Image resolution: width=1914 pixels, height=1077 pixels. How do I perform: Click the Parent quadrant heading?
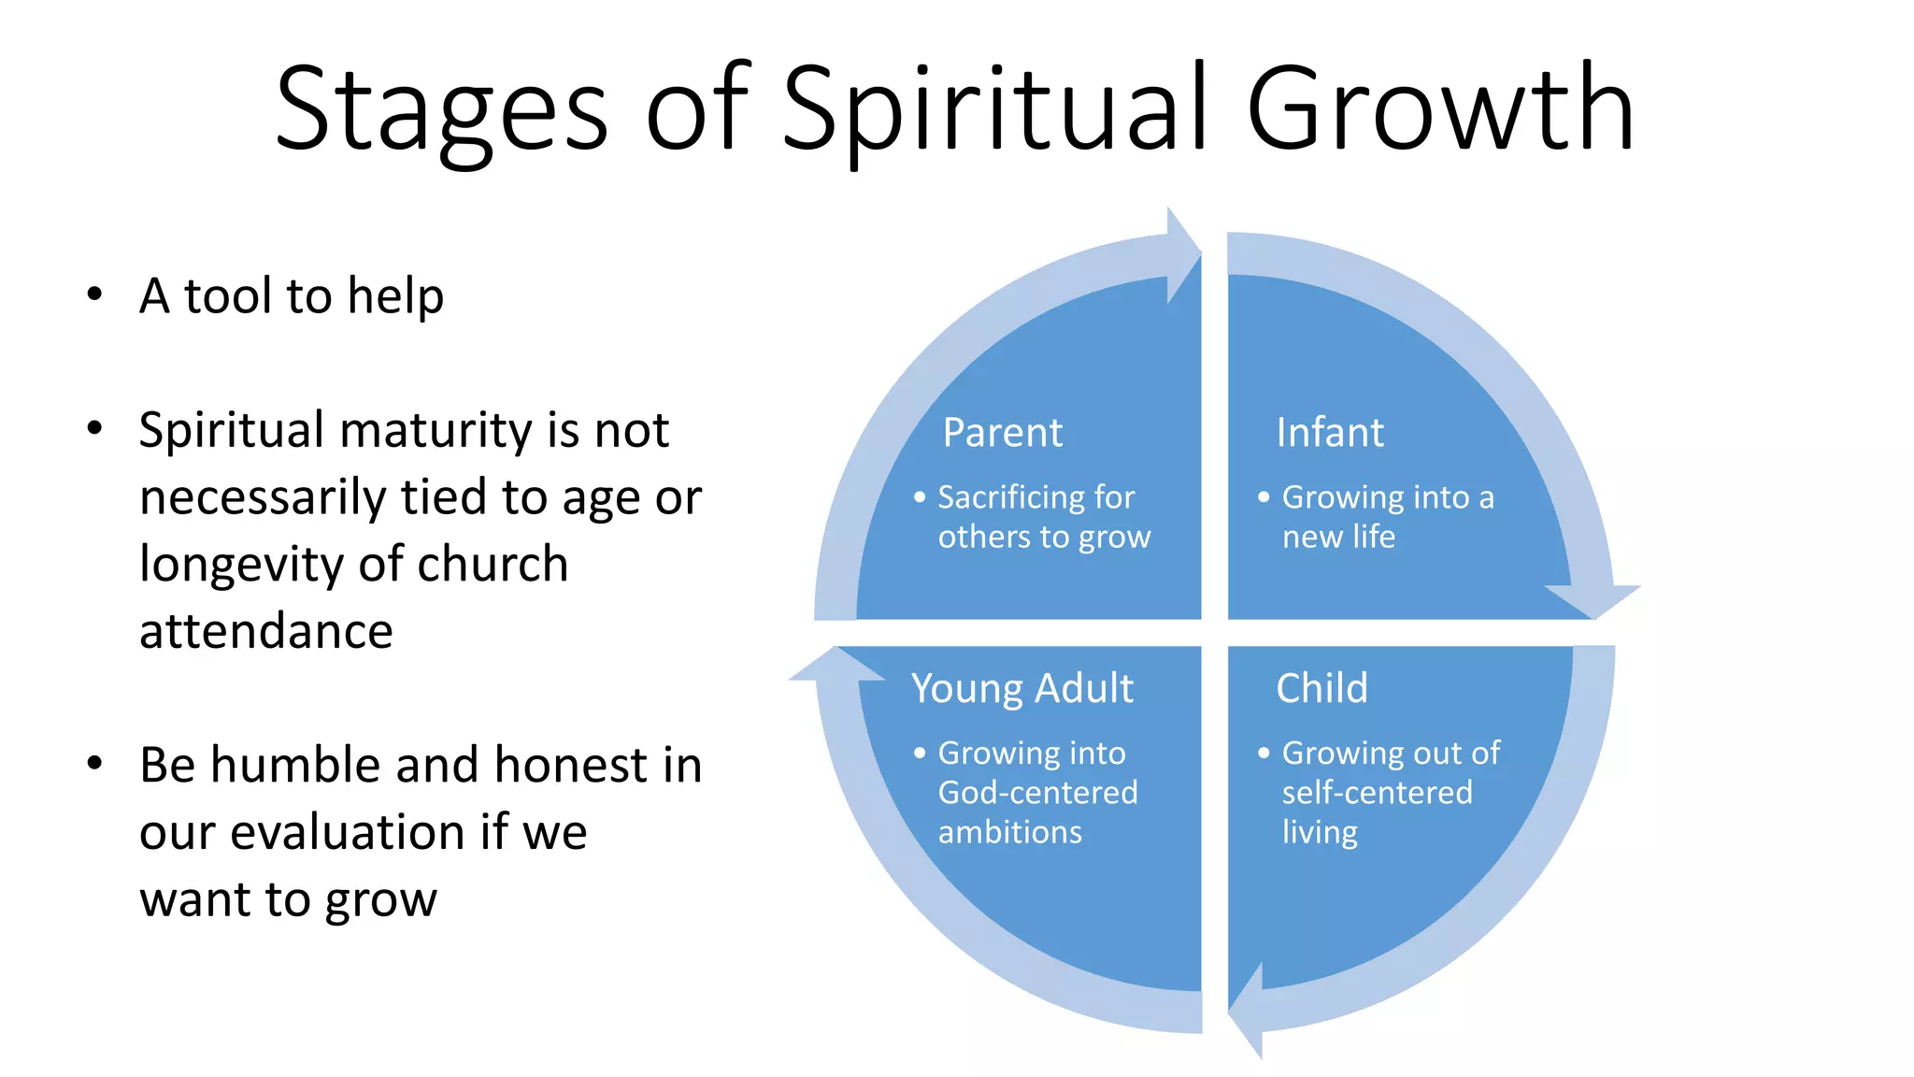click(x=1002, y=433)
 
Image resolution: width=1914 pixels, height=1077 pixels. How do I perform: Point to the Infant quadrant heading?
click(x=1330, y=433)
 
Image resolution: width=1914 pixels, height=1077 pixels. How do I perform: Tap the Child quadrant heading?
click(x=1321, y=688)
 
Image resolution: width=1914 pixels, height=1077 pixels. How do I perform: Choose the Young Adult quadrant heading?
click(x=1021, y=689)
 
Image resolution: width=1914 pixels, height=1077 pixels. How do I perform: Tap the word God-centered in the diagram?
click(x=1037, y=793)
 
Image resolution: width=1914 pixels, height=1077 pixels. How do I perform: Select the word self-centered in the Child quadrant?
click(x=1377, y=793)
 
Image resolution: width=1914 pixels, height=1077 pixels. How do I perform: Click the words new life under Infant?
click(x=1338, y=538)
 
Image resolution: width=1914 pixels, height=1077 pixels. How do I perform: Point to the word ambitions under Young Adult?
click(x=1009, y=832)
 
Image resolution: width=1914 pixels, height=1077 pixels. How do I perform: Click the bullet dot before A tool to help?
click(x=94, y=295)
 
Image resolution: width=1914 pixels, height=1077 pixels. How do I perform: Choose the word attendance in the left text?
click(x=266, y=632)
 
